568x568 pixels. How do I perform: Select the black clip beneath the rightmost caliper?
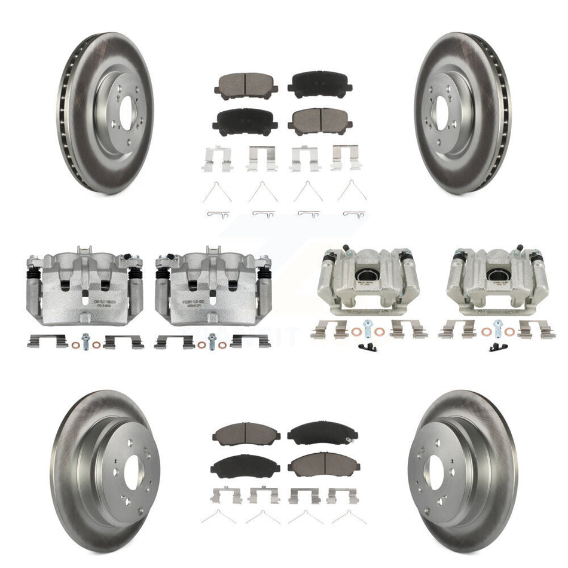[497, 347]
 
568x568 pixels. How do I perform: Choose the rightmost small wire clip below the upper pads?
[355, 213]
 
